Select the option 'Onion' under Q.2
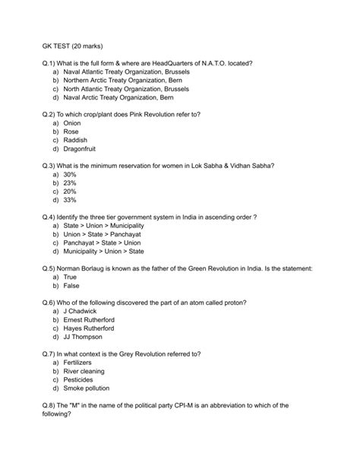72,122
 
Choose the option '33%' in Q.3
71,201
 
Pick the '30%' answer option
71,174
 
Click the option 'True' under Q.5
71,277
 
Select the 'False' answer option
72,287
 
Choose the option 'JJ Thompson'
85,338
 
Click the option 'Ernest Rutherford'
90,320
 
